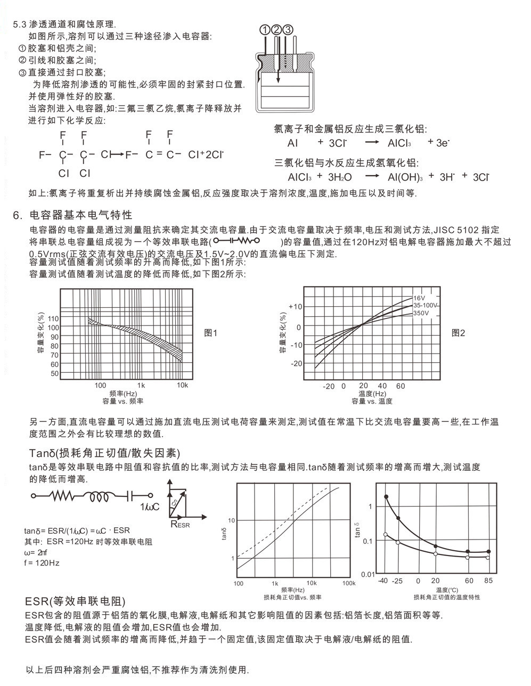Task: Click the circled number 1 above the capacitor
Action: tap(265, 29)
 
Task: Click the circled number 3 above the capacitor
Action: tap(288, 29)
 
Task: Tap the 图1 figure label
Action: tap(211, 333)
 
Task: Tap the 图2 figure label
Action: tap(458, 333)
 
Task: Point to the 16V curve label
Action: tap(419, 298)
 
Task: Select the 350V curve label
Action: tap(421, 313)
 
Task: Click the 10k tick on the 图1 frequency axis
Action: tap(182, 385)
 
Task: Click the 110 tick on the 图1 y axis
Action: tap(53, 318)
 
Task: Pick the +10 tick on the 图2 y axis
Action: tap(295, 307)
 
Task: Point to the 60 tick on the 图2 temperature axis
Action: tap(401, 386)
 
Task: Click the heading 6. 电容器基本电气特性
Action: tap(72, 215)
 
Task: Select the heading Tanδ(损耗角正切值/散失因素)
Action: tap(104, 453)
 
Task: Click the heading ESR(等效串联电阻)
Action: tap(76, 602)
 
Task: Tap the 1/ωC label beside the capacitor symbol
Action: tap(150, 507)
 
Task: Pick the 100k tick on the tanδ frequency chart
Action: tap(349, 583)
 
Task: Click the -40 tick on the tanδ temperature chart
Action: tap(383, 581)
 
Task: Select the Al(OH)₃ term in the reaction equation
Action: tap(405, 177)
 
